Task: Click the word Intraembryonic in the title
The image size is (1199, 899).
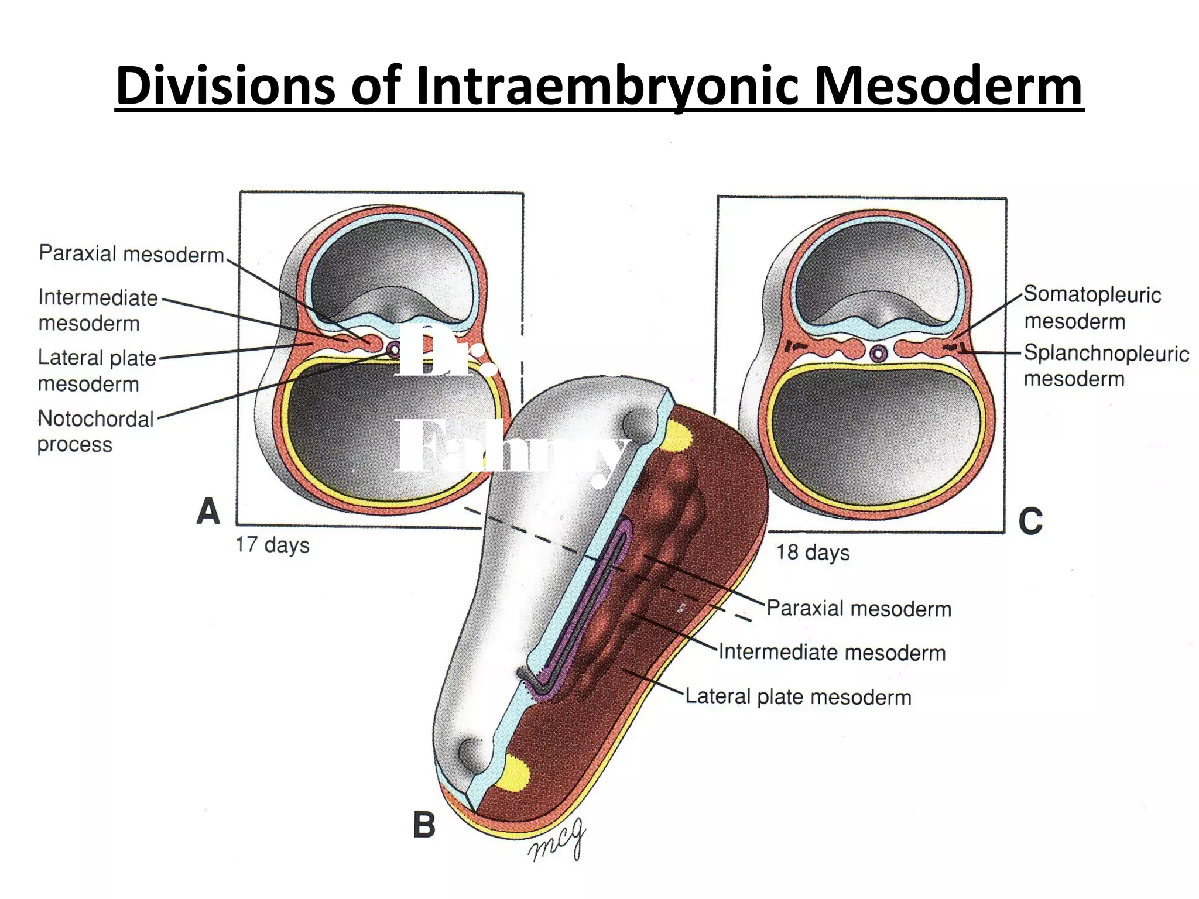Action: pyautogui.click(x=607, y=87)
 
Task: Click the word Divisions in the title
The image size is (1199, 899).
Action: pyautogui.click(x=225, y=87)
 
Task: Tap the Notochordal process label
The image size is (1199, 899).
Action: pyautogui.click(x=95, y=431)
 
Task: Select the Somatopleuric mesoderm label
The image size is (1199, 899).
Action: pyautogui.click(x=1091, y=308)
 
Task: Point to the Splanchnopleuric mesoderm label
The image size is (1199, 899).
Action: pyautogui.click(x=1105, y=366)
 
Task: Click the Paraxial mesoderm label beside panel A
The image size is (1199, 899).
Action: pyautogui.click(x=131, y=254)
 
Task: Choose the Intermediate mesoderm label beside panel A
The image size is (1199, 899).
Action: pyautogui.click(x=97, y=310)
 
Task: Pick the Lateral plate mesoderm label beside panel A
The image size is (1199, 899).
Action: pyautogui.click(x=96, y=370)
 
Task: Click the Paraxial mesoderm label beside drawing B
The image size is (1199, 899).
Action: pyautogui.click(x=858, y=609)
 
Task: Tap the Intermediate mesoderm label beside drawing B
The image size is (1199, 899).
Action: pyautogui.click(x=831, y=652)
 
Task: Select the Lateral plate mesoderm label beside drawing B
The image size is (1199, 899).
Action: pyautogui.click(x=798, y=696)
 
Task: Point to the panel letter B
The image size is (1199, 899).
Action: pyautogui.click(x=424, y=825)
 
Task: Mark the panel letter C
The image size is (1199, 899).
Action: pyautogui.click(x=1030, y=520)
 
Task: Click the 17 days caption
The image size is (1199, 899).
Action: pyautogui.click(x=272, y=545)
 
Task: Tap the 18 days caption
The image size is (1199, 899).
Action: pyautogui.click(x=813, y=552)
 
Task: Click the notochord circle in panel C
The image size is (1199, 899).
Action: pyautogui.click(x=878, y=353)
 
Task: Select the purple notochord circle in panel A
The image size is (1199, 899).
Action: pyautogui.click(x=393, y=350)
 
